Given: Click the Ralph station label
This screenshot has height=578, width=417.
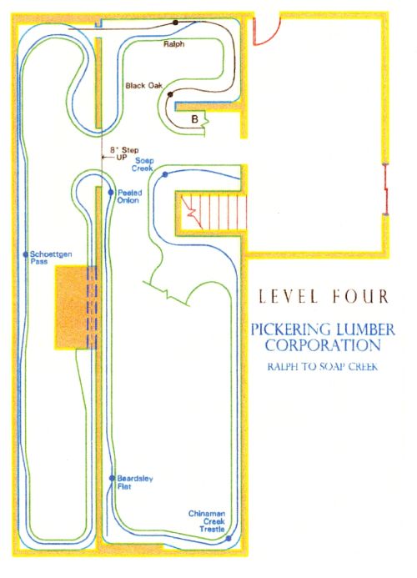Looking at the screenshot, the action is (x=173, y=44).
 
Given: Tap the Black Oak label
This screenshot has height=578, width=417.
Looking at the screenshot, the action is (x=143, y=86).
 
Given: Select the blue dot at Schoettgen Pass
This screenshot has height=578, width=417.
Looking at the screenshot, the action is (x=26, y=254).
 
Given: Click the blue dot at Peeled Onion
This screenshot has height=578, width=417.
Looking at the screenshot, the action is (x=111, y=193).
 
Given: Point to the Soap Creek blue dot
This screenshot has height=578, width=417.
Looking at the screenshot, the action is (x=165, y=174).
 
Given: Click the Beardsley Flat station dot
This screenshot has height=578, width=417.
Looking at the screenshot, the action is (x=112, y=478).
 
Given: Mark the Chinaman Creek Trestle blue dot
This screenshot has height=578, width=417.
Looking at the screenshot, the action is (x=229, y=539).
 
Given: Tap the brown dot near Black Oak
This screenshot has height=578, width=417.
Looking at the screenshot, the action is (x=170, y=94).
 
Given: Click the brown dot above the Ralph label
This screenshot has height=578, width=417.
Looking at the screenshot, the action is (x=175, y=23).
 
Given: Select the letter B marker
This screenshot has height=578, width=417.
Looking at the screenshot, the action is (x=194, y=119).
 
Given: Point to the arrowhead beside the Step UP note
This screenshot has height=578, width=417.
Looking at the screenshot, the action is (x=103, y=158).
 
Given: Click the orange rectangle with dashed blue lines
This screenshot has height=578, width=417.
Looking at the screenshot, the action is (x=76, y=307).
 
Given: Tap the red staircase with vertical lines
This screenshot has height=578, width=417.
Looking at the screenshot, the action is (x=214, y=212).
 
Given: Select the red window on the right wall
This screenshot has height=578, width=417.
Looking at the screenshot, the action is (x=385, y=188).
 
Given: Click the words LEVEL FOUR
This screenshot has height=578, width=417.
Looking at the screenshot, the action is (x=323, y=296).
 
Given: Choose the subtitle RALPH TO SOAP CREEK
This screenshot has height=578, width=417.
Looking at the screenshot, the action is (x=322, y=367).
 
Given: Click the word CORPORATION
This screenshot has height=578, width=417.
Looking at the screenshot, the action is (x=323, y=345).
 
